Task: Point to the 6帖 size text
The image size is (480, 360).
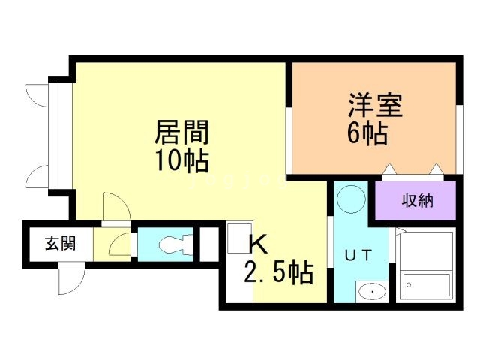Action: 367,134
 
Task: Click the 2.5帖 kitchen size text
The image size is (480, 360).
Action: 277,271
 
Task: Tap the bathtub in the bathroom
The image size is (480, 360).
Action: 427,283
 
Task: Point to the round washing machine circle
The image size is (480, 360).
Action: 349,199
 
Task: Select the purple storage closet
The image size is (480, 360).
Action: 415,201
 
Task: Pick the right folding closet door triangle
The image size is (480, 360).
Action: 436,169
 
